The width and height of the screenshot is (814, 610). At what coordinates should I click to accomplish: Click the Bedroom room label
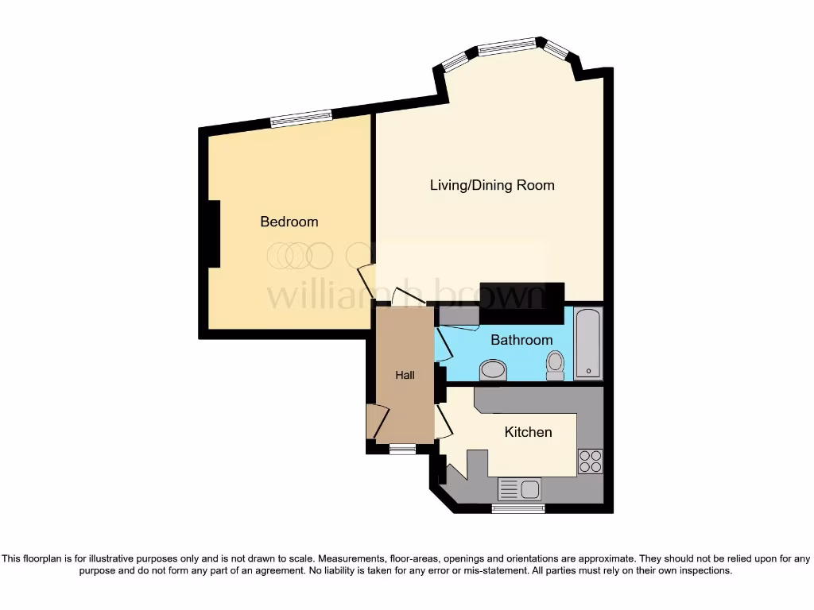pos(289,222)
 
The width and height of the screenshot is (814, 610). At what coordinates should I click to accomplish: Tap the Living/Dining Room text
pos(492,185)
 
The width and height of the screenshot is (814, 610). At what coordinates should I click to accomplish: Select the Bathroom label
pos(521,340)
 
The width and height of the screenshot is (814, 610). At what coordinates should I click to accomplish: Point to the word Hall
pos(405,375)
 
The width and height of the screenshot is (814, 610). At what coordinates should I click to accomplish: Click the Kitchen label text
pos(529,432)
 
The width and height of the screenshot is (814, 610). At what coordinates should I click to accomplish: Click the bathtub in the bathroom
pos(588,343)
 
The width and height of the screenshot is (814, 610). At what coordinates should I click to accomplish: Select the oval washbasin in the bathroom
pos(494,369)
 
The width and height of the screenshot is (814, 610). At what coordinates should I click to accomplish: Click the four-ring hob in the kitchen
pos(591,461)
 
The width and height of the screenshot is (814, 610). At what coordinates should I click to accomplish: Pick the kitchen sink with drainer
pos(518,489)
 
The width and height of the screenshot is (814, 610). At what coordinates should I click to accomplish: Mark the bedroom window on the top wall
pos(300,118)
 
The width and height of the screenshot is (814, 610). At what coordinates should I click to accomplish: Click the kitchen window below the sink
pos(517,508)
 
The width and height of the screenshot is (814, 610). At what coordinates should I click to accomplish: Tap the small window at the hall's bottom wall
pos(402,450)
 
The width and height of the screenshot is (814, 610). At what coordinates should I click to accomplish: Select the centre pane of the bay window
pos(507,47)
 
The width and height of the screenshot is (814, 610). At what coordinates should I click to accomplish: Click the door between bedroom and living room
pos(366,280)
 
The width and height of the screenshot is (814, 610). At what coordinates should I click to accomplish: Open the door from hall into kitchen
pos(444,421)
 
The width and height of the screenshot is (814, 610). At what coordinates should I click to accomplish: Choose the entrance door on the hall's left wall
pos(377,422)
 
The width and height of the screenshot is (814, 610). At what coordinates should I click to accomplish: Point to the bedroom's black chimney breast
pos(213,234)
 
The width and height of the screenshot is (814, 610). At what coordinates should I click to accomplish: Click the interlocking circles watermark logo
pos(300,255)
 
